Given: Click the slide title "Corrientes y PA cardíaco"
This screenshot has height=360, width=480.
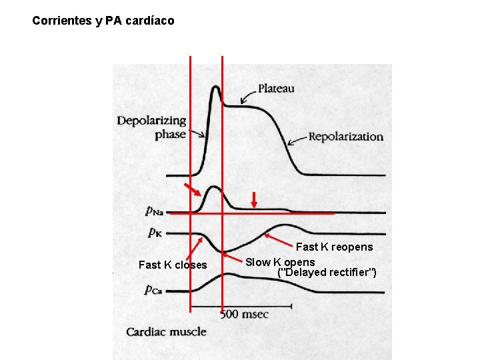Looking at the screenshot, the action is (103, 21).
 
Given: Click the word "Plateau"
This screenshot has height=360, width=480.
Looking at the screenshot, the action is (276, 88).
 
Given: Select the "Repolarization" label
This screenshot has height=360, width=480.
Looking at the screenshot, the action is (345, 137).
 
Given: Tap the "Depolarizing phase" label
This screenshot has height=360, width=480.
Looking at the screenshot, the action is (152, 127).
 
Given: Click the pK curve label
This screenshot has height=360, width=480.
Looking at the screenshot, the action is (154, 233).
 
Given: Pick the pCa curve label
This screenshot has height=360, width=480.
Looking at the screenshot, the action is (154, 289).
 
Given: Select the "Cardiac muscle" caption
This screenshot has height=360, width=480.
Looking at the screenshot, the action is (167, 332).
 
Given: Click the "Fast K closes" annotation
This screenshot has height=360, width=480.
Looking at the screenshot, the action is (173, 265).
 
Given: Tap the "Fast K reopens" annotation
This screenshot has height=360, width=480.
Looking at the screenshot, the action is (335, 247).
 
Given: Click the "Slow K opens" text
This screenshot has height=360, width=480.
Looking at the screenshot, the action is (280, 262).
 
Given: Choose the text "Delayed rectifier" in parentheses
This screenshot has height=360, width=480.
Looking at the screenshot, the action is (327, 272).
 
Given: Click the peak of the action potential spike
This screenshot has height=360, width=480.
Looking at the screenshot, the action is (215, 88).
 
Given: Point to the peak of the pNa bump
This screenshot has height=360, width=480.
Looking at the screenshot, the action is (214, 188).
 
